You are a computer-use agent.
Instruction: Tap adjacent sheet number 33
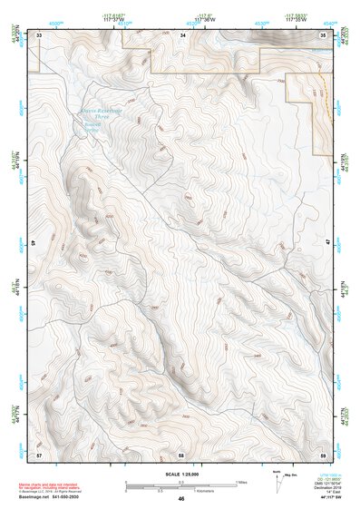tap(39, 34)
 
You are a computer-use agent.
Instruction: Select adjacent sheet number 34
tap(182, 34)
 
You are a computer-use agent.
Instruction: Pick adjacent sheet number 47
tap(326, 243)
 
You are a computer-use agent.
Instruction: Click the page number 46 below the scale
tap(181, 498)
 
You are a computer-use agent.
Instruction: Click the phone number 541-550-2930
tap(71, 498)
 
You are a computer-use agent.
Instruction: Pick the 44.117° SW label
tap(330, 498)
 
